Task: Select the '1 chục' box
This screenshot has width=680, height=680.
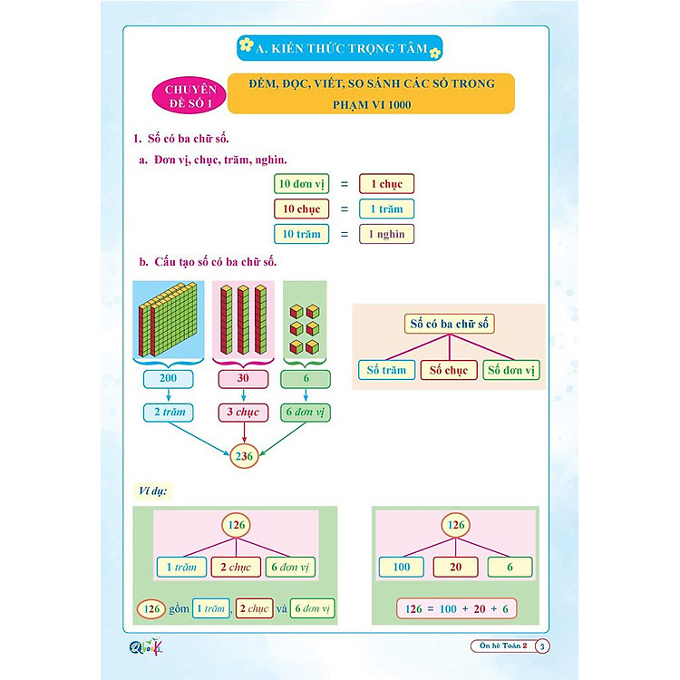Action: coord(386,183)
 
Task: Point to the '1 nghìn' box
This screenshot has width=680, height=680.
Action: coord(386,234)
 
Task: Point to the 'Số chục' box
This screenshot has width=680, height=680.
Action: coord(449,370)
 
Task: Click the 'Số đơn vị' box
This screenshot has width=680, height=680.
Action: coord(512,370)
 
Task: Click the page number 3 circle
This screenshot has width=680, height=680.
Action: coord(542,646)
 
